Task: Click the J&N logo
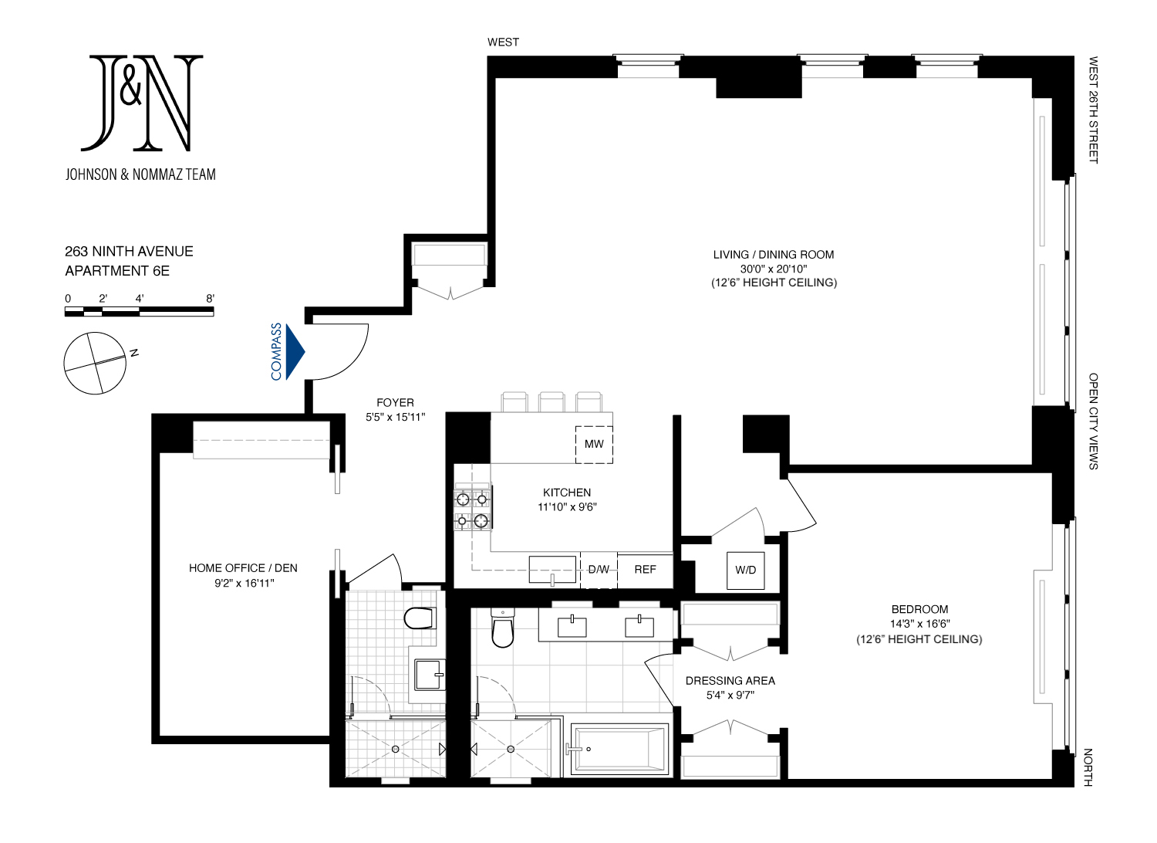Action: (142, 103)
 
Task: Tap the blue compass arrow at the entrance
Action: (295, 352)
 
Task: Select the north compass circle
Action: (95, 363)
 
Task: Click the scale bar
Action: (139, 311)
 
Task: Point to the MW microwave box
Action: (594, 444)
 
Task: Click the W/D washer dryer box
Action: (745, 570)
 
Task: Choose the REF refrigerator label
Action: (645, 570)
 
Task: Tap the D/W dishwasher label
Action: (599, 570)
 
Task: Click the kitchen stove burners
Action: (472, 509)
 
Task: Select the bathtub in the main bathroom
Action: (619, 748)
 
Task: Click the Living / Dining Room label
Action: (774, 255)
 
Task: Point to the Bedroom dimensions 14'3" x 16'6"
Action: (919, 624)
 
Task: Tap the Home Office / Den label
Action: (243, 568)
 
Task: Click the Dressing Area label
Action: (730, 681)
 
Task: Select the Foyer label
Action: (395, 403)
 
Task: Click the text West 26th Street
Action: (1093, 110)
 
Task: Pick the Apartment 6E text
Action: (117, 271)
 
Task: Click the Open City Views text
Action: (1093, 421)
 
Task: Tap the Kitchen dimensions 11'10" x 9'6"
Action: (567, 507)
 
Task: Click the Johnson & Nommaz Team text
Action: (140, 174)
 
